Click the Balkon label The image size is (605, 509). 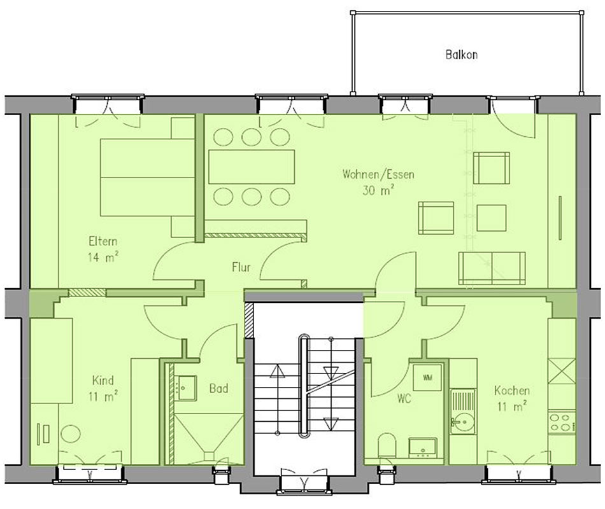(x=461, y=54)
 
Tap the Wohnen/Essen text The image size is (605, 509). (x=378, y=174)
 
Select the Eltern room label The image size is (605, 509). (x=103, y=241)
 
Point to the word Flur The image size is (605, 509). (x=241, y=267)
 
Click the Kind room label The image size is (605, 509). (x=103, y=380)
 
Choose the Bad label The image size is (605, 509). (x=218, y=388)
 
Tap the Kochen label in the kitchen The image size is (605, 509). (x=511, y=391)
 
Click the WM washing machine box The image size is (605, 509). (x=427, y=377)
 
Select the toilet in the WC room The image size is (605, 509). (x=387, y=446)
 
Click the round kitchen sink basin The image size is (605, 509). (x=462, y=421)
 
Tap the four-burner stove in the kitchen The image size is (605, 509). (x=562, y=422)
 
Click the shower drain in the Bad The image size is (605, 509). (x=209, y=456)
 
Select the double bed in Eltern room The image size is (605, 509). (x=147, y=178)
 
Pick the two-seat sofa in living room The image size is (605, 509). (x=492, y=268)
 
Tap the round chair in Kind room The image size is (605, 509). (x=71, y=434)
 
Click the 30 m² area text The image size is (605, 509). (x=378, y=190)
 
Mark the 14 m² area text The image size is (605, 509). (x=103, y=257)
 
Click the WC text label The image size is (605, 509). (x=404, y=398)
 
